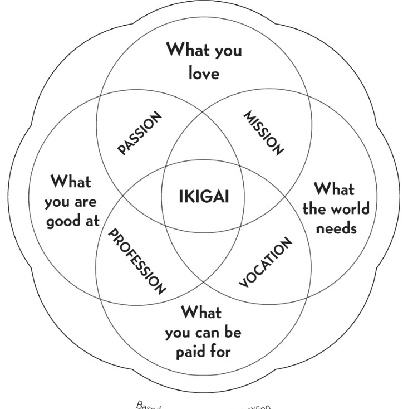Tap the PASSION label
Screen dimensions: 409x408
click(140, 133)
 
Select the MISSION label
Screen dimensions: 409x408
click(264, 133)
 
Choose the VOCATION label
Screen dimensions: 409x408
click(265, 262)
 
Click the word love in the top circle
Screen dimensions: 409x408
click(204, 73)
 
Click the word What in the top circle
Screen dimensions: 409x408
click(189, 51)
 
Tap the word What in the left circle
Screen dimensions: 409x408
click(71, 181)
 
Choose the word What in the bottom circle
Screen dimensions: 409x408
click(201, 312)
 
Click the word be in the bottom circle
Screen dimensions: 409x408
click(234, 332)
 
